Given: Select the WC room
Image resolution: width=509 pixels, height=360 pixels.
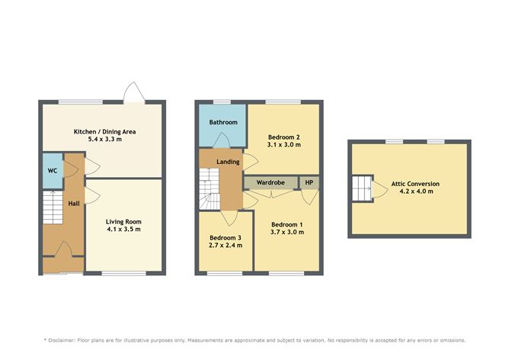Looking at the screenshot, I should tap(51, 169).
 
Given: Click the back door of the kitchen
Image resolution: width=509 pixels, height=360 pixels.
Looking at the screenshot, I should tap(134, 94).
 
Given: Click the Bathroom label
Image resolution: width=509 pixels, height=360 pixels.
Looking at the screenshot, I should tap(223, 122).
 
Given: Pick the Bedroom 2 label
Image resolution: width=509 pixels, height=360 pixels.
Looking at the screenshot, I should tap(283, 137).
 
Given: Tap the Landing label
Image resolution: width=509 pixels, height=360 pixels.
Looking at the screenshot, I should tap(228, 162).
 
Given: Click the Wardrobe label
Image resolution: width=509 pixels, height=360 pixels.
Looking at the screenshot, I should tap(271, 183).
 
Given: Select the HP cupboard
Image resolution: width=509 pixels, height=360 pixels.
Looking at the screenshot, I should tap(309, 183).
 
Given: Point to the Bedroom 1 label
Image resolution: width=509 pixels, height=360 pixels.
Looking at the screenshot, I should tap(287, 223).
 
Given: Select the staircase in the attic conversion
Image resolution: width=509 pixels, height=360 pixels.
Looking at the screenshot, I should tap(360, 187).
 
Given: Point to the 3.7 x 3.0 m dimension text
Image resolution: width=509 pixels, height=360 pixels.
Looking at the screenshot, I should tap(287, 232).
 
